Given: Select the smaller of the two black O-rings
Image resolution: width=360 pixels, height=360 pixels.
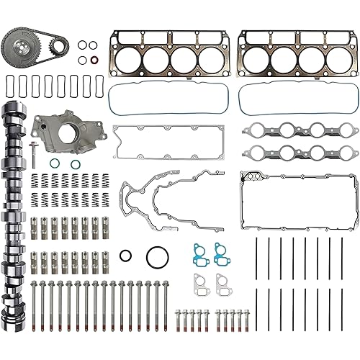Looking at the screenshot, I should (x=126, y=255).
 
